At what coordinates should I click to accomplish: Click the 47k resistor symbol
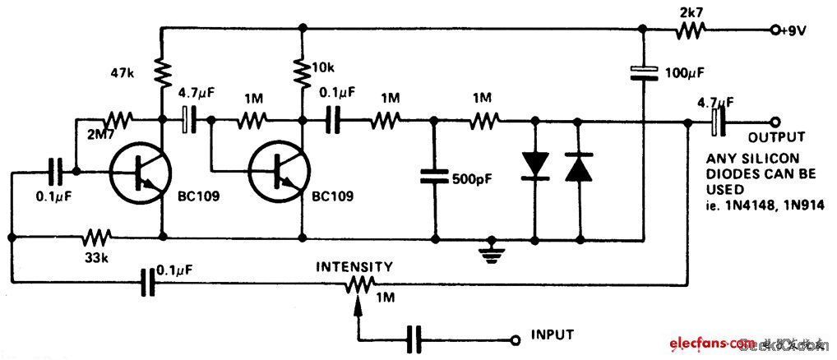click(162, 72)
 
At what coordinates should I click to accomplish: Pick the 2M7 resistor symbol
click(116, 121)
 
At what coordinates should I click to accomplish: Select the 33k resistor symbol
click(96, 238)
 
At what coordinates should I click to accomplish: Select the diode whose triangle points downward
click(535, 165)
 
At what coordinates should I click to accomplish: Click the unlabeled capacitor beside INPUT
click(414, 338)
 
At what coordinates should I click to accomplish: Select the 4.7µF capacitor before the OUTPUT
click(716, 122)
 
